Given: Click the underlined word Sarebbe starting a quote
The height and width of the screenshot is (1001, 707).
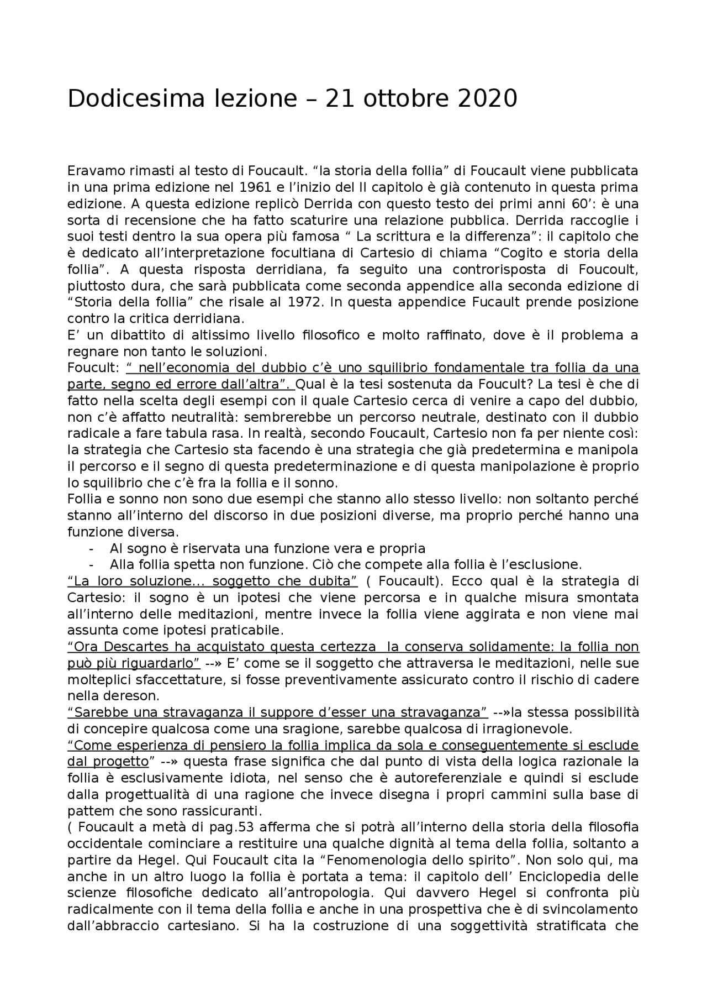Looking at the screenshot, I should pos(95,712).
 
